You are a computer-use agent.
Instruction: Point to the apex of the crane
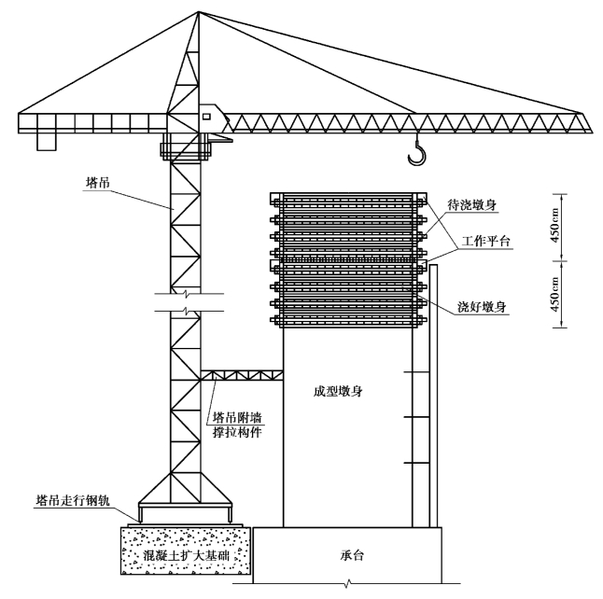pos(199,12)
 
